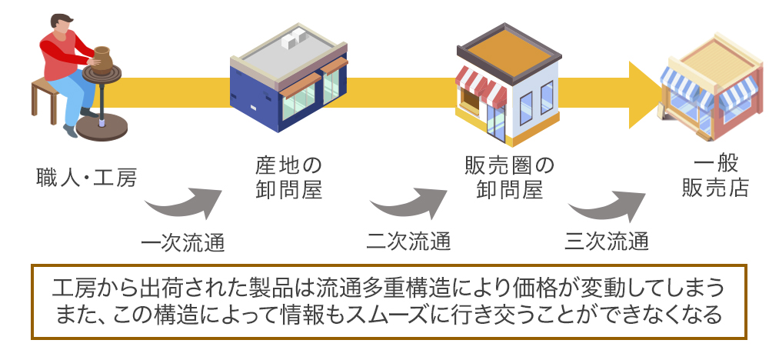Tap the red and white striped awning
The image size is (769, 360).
[481, 85]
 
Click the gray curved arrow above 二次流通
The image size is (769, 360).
[407, 203]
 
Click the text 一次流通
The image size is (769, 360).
[183, 242]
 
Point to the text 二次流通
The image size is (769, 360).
[408, 242]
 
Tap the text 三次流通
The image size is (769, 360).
[607, 242]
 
